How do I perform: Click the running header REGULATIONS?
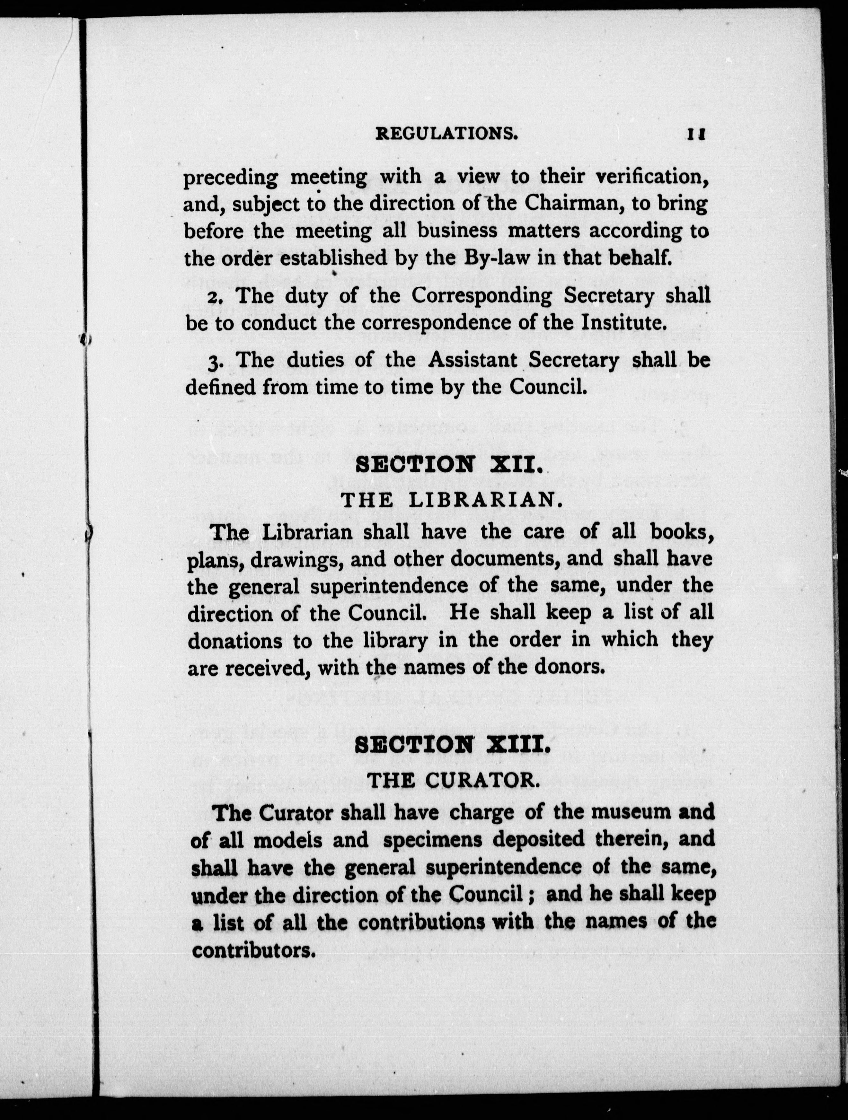tap(446, 134)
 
